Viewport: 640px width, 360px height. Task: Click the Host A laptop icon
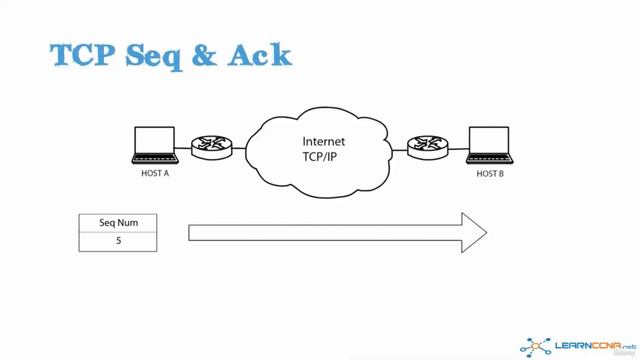pos(156,146)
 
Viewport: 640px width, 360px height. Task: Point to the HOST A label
pos(156,173)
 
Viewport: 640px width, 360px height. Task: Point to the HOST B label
pos(489,173)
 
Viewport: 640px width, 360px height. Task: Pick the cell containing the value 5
pos(118,241)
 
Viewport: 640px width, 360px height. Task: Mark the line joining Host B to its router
pos(456,151)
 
